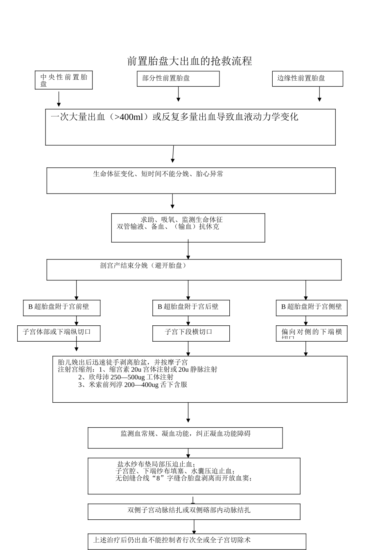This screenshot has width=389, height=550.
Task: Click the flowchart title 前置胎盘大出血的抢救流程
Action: pos(190,61)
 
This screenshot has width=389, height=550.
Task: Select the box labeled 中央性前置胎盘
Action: pos(64,80)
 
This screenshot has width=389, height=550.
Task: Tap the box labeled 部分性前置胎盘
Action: pos(178,79)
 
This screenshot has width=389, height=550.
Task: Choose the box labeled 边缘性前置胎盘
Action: pos(307,79)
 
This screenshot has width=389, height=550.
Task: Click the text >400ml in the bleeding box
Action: pos(129,117)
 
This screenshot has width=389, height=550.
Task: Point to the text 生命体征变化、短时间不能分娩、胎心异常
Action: pos(158,174)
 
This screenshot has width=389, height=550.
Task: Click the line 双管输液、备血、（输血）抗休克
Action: pos(168,227)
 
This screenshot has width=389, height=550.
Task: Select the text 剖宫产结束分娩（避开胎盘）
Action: pos(143,266)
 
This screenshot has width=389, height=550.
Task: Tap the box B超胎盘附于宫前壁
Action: pos(61,307)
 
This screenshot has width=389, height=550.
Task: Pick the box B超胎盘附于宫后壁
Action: pos(191,307)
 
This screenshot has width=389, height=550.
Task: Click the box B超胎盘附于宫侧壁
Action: pos(312,307)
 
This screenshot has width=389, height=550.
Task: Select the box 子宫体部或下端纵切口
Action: pos(59,333)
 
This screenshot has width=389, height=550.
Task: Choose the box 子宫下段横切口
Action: pos(191,333)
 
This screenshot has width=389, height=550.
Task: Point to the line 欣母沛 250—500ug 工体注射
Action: pos(126,377)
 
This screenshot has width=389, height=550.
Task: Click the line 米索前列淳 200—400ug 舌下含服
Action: pos(133,385)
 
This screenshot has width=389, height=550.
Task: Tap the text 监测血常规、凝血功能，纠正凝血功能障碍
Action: pos(185,434)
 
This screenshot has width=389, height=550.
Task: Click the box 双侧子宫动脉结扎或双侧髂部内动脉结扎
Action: pos(194,511)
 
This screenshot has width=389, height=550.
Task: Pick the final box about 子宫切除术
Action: pos(197,541)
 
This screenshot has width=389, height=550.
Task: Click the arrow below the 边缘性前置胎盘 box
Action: pos(319,94)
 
